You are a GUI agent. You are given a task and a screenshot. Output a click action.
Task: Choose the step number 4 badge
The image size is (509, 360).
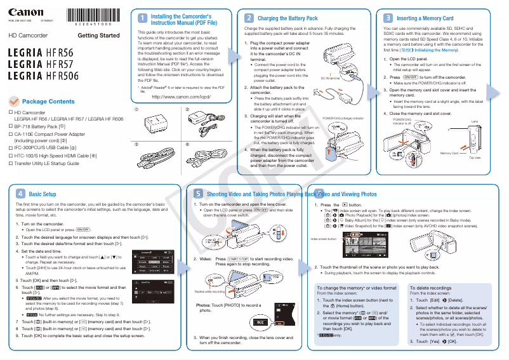tap(20, 194)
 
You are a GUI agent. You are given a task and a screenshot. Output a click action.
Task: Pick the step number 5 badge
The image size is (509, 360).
tap(199, 194)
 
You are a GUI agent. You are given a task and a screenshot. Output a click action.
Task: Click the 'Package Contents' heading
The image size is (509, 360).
tap(48, 102)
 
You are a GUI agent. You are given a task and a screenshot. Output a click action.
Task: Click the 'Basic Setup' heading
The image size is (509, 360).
tap(43, 194)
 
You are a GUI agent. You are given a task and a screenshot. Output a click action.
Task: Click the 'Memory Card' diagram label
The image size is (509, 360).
tap(449, 153)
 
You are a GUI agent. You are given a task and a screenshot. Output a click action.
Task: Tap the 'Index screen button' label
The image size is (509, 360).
tap(323, 238)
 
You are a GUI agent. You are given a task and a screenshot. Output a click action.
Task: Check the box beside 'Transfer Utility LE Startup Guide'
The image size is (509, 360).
tap(11, 163)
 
